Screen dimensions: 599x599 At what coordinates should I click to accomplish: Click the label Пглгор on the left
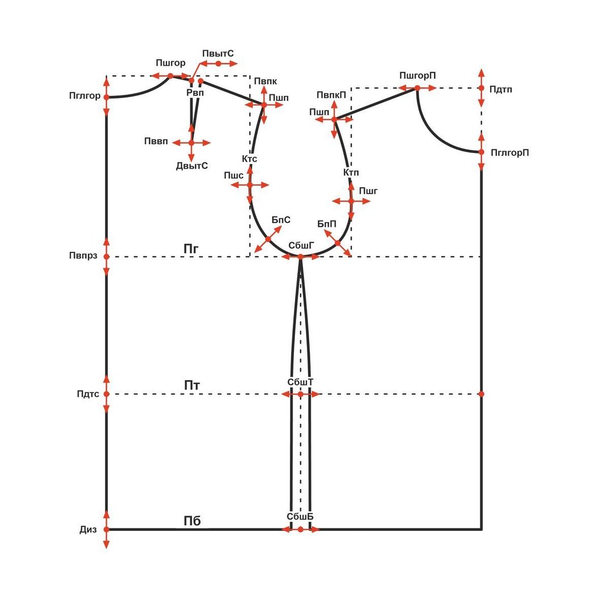pos(85,95)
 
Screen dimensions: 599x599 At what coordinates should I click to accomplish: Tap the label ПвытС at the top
pos(218,53)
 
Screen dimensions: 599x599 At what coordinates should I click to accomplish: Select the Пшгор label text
pos(170,63)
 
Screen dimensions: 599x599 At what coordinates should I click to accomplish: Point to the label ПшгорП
pos(417,75)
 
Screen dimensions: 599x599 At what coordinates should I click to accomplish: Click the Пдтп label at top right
pos(500,90)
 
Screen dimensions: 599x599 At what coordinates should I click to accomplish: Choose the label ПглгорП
pos(509,153)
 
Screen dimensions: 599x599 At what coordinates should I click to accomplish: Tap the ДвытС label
pos(192,166)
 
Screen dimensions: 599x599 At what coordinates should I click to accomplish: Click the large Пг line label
pos(191,248)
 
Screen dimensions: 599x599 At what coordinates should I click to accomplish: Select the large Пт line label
pos(192,385)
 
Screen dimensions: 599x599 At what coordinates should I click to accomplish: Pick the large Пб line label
pos(192,521)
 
